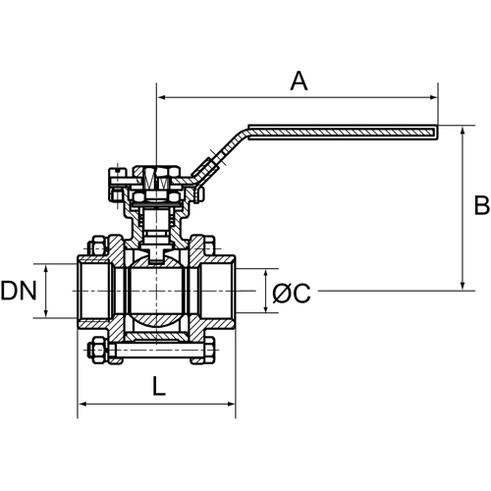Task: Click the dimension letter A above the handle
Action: [299, 82]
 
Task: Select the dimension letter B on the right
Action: [480, 205]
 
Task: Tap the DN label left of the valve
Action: [20, 291]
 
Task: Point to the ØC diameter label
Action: [291, 292]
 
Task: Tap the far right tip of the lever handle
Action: [434, 128]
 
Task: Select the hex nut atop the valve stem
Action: [156, 181]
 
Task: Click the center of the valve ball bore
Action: [156, 291]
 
